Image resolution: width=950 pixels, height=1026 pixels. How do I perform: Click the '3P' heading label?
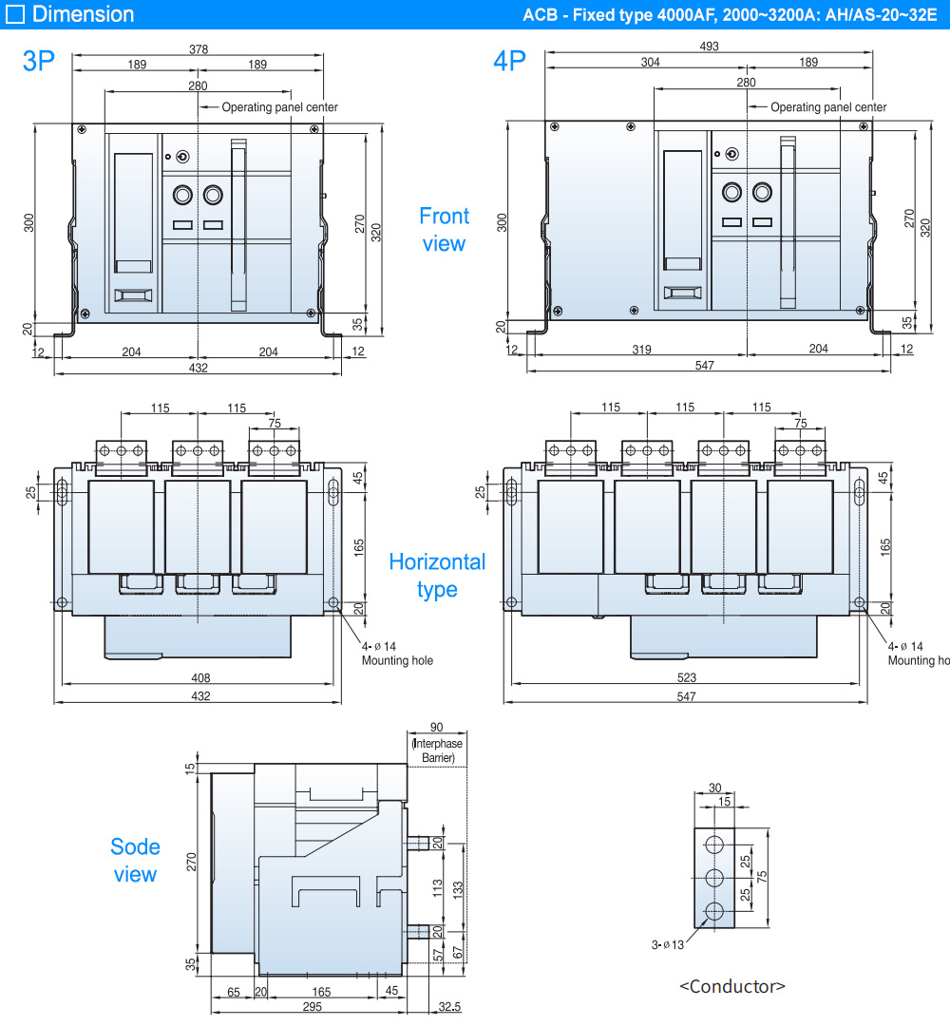[x=39, y=62]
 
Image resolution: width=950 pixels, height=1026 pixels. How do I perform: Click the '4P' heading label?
[x=509, y=62]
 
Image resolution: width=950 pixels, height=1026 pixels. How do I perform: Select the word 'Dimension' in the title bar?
[x=83, y=14]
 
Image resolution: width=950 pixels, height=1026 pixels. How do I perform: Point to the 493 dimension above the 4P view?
[x=709, y=46]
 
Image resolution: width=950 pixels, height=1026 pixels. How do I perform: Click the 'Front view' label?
[x=444, y=230]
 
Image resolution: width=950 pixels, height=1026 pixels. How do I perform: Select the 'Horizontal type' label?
[x=437, y=576]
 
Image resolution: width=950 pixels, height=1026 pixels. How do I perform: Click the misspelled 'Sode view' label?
[x=135, y=860]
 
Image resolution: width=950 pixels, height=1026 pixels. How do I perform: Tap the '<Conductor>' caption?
[x=732, y=986]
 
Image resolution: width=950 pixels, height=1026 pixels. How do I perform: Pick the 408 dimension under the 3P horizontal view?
[x=200, y=678]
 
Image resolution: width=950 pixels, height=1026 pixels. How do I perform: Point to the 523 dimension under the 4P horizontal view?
[x=686, y=678]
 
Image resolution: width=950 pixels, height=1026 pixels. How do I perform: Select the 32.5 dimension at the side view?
[x=450, y=1006]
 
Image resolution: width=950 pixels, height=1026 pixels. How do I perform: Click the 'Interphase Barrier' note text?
[x=437, y=750]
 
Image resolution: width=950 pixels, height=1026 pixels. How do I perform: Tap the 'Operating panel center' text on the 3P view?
[x=279, y=107]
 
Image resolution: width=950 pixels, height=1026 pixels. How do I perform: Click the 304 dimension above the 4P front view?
[x=650, y=62]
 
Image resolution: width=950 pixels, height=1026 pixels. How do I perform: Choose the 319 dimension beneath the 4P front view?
[x=641, y=350]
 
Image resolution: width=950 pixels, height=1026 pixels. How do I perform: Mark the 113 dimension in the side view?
[x=438, y=888]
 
